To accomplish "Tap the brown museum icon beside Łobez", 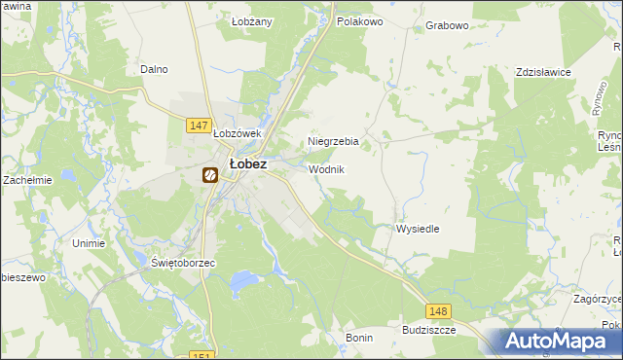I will [209, 175].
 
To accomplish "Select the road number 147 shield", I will [199, 126].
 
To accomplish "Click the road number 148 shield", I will [438, 310].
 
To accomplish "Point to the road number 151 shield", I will [202, 355].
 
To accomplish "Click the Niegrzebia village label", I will [333, 142].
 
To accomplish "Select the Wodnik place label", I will [326, 169].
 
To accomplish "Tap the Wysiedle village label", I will [418, 229].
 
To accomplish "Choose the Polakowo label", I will [359, 20].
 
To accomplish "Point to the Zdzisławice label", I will [542, 73].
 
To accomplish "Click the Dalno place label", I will [154, 69].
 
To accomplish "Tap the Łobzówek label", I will [238, 133].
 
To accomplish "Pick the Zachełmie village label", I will [26, 180].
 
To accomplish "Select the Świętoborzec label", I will [183, 263].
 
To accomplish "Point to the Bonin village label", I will [359, 337].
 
